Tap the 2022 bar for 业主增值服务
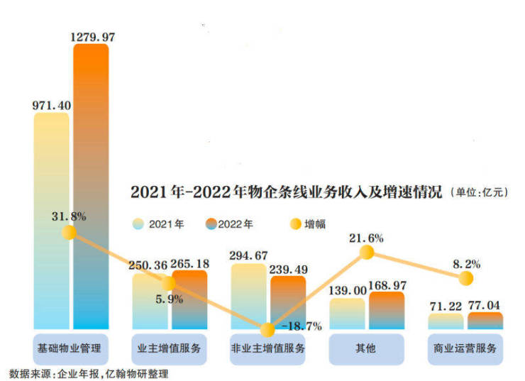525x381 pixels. [x=190, y=299]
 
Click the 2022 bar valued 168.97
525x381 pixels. [x=387, y=310]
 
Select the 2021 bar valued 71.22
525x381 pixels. [x=446, y=321]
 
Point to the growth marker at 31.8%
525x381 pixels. [x=69, y=232]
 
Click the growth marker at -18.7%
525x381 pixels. [x=267, y=330]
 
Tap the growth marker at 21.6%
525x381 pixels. [x=367, y=252]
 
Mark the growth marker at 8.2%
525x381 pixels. [x=465, y=278]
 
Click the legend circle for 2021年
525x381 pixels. [x=139, y=224]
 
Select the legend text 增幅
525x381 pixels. [x=316, y=224]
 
